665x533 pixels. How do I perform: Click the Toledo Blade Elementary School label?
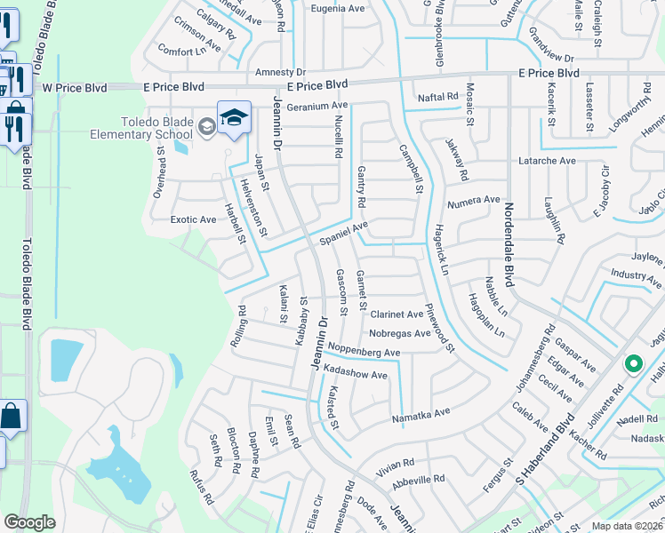[157, 128]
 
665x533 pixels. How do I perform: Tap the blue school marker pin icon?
[234, 119]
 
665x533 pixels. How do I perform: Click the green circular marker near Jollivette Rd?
[633, 363]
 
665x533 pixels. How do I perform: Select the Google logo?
[29, 522]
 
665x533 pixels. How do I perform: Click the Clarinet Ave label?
[397, 314]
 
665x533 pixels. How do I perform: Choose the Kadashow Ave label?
[356, 375]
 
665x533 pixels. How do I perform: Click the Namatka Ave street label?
[421, 412]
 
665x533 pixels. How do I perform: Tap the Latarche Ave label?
[548, 161]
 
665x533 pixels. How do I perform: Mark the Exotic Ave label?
[193, 219]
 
